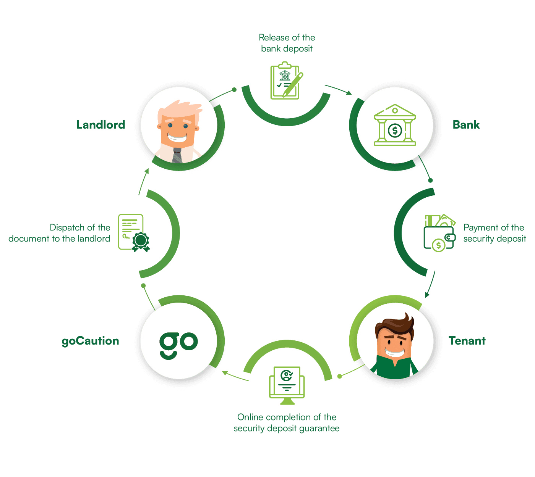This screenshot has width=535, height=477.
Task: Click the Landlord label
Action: tap(101, 125)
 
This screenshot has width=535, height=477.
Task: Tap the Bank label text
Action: tap(466, 125)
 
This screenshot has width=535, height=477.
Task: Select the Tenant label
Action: tap(467, 341)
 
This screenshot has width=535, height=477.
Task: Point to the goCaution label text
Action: tap(90, 341)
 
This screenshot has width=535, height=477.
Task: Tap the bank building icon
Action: tap(395, 125)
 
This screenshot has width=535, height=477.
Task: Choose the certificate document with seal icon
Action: tap(134, 232)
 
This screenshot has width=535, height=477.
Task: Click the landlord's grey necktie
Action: tap(177, 155)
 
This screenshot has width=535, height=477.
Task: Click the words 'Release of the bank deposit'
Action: tap(287, 43)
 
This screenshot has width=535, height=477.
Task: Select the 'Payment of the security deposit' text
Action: tap(494, 233)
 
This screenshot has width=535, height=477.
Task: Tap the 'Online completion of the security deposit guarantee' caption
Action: tap(287, 423)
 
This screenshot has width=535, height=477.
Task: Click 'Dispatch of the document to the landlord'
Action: tap(59, 233)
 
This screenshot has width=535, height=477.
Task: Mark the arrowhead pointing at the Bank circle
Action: tap(349, 93)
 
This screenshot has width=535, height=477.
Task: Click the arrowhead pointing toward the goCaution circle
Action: tap(225, 373)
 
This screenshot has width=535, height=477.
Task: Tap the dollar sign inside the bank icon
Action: tap(395, 130)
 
